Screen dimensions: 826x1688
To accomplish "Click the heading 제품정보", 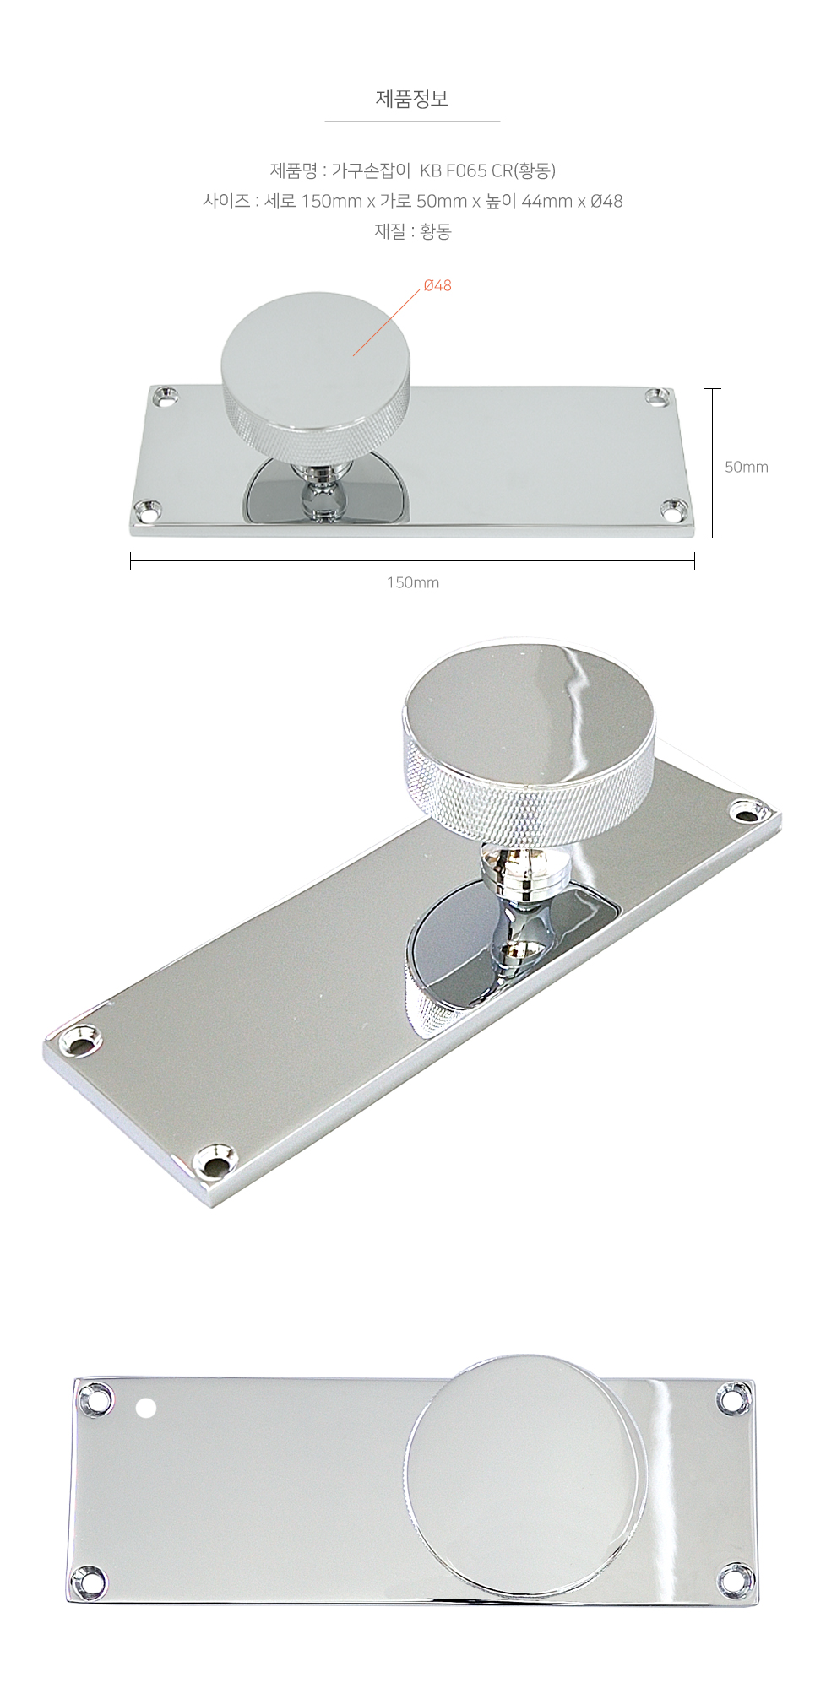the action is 412,100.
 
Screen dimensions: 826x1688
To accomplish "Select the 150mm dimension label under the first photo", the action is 412,582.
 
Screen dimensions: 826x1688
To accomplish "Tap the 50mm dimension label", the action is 747,466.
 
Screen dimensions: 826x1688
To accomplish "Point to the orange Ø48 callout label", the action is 437,285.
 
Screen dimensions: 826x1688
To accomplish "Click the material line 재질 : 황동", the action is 412,231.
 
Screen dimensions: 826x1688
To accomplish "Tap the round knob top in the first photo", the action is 317,349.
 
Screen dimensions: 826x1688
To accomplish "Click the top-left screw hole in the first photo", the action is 166,393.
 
